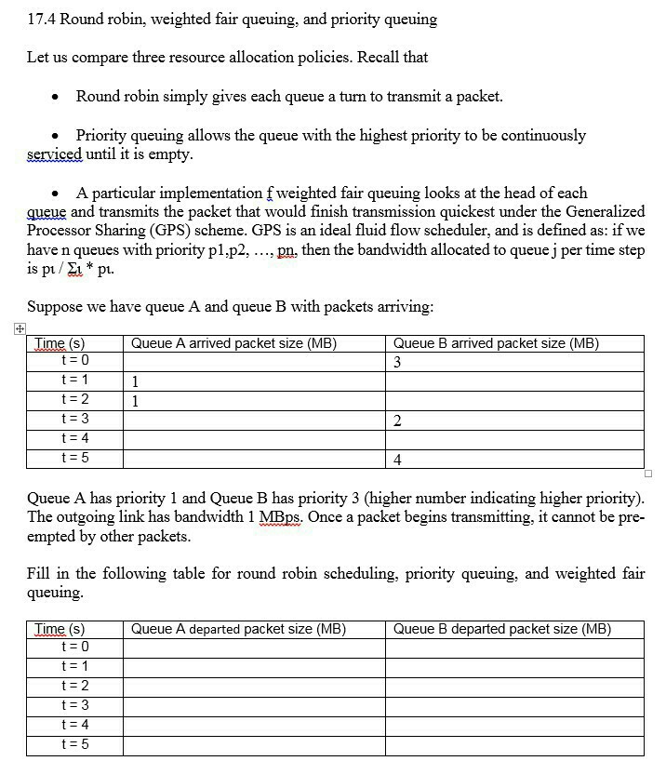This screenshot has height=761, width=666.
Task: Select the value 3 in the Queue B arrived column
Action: point(397,362)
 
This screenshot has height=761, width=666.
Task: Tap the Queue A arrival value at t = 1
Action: point(136,381)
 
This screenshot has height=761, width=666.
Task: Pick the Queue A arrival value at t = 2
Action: point(136,401)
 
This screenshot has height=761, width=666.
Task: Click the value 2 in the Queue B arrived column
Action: point(397,421)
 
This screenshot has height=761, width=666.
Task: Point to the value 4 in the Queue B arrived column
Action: point(397,460)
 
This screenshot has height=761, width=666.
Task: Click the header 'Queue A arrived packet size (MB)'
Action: point(233,343)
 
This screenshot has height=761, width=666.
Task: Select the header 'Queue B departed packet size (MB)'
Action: point(501,629)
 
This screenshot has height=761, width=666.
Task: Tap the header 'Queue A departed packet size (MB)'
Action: point(238,629)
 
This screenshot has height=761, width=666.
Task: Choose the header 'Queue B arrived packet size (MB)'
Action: point(496,343)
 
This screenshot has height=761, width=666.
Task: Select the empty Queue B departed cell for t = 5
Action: point(514,745)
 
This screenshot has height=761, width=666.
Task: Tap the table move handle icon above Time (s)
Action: point(20,327)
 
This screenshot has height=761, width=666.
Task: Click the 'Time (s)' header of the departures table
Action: point(60,629)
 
